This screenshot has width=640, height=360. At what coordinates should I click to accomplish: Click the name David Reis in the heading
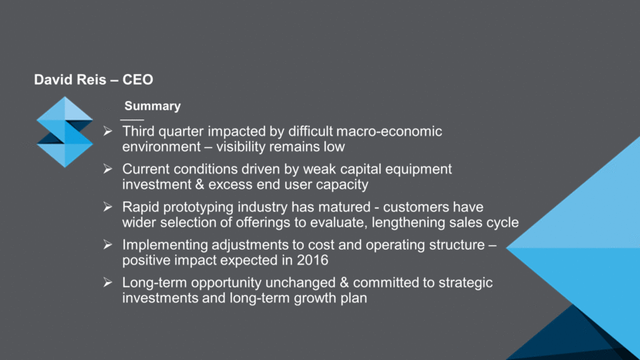click(x=70, y=79)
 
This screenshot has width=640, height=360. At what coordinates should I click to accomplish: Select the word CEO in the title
click(x=138, y=79)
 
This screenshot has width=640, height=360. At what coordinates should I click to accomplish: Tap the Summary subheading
click(x=152, y=106)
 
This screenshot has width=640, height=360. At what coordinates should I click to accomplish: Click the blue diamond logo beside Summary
click(x=65, y=132)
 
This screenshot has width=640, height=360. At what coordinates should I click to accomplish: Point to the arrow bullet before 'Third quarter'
click(x=108, y=131)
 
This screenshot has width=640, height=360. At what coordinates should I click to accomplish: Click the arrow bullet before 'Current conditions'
click(x=108, y=169)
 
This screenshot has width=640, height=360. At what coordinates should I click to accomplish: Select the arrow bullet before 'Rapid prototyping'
click(x=108, y=207)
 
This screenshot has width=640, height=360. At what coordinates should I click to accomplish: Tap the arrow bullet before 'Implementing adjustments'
click(x=108, y=244)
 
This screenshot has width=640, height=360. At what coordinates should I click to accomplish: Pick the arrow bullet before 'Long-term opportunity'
click(x=108, y=282)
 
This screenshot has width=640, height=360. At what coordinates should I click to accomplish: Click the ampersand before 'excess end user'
click(x=200, y=184)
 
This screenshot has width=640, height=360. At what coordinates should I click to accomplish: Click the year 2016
click(x=312, y=261)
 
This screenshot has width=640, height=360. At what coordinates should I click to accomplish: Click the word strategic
click(x=465, y=283)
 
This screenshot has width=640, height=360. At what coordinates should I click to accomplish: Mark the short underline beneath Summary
click(x=132, y=120)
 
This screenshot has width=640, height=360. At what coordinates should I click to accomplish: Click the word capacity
click(x=342, y=185)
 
